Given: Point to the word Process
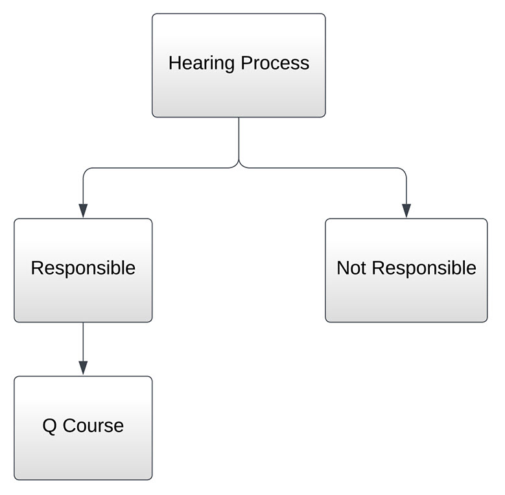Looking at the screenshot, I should click(275, 64).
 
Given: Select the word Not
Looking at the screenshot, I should click(351, 268).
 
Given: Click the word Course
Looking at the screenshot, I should click(93, 426).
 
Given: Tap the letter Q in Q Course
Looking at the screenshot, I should click(49, 426).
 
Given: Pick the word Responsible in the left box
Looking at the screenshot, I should click(83, 268).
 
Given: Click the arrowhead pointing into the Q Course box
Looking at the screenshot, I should click(83, 368).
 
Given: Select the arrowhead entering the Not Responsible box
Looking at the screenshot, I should click(406, 210).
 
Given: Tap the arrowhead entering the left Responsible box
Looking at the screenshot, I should click(83, 210).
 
